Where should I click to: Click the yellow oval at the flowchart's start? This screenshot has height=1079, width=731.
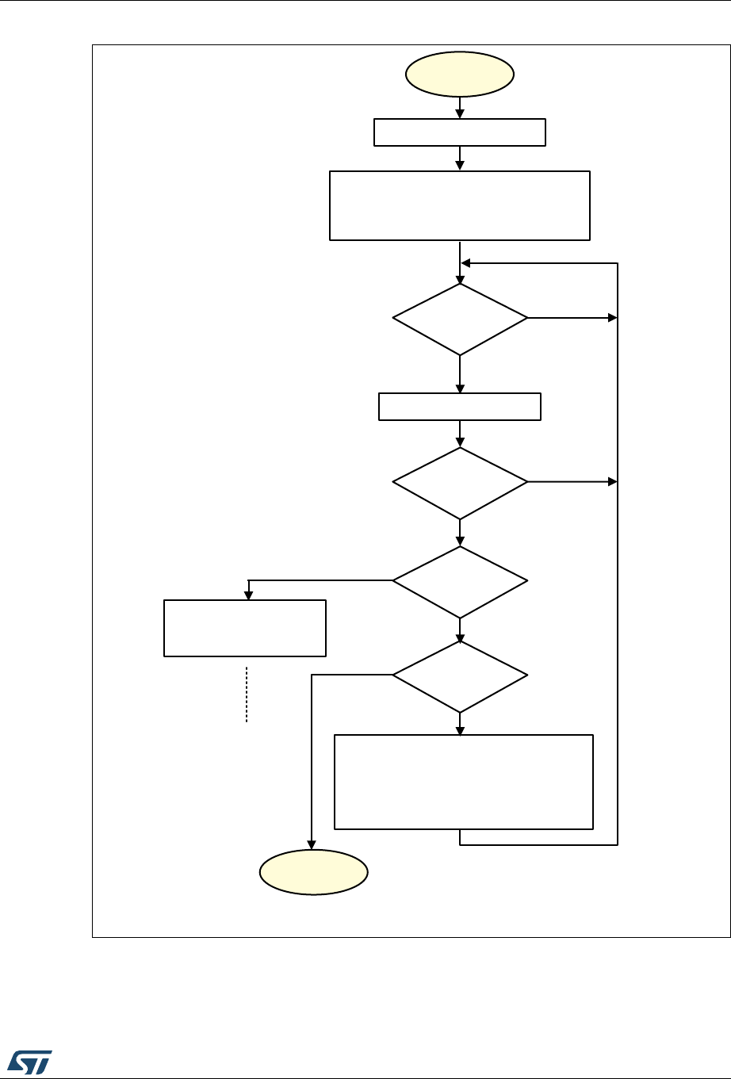tap(460, 75)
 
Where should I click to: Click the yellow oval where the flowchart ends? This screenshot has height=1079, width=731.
tap(314, 872)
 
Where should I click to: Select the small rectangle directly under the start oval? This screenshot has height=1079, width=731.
tap(460, 132)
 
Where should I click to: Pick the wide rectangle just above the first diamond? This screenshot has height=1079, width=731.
tap(460, 205)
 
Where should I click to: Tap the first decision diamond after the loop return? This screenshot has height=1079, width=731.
tap(460, 319)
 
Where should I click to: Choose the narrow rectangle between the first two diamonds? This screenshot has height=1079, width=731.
tap(460, 406)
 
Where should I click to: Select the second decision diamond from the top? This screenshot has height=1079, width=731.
tap(460, 483)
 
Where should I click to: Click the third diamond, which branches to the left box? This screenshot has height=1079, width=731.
tap(460, 581)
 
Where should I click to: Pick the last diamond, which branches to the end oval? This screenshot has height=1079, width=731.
tap(460, 675)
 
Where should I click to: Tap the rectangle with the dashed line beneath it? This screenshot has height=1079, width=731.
tap(245, 628)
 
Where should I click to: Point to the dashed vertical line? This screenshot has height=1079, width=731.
tap(247, 694)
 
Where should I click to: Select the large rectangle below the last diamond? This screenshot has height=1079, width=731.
tap(464, 782)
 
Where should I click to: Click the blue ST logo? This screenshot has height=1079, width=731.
tap(30, 1061)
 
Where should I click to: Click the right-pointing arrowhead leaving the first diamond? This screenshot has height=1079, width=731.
tap(612, 318)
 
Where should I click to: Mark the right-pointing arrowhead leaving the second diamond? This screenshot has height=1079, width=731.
tap(612, 482)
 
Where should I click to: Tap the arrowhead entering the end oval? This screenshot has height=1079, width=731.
tap(311, 845)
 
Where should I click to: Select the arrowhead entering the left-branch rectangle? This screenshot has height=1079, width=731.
tap(249, 595)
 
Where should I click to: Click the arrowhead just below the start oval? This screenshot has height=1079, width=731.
tap(460, 114)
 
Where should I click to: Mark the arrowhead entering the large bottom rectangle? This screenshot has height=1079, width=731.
tap(460, 730)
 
